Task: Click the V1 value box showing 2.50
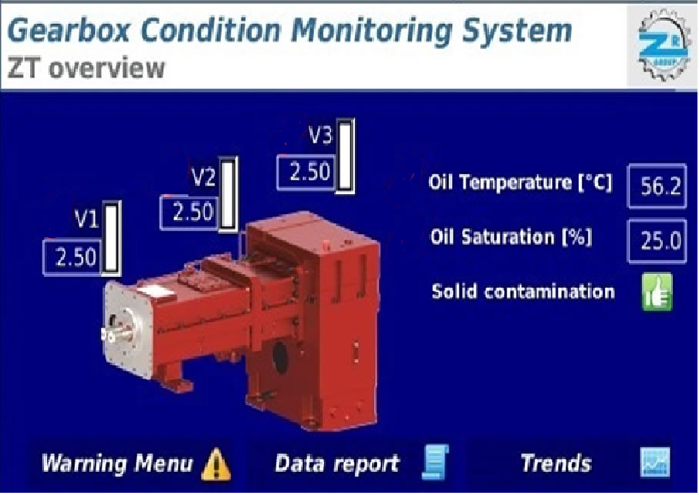point(73,257)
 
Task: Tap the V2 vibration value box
point(189,212)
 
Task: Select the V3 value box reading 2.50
point(306,172)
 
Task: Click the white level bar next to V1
point(112,238)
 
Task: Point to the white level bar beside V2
point(228,195)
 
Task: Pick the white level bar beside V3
point(346,156)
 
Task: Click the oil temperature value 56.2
point(657,186)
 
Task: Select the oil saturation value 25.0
point(657,241)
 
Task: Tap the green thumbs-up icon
point(657,292)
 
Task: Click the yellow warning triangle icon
point(216,464)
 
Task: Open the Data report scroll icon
point(435,462)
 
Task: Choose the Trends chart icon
point(655,462)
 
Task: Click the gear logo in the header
point(663,45)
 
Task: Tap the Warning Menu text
point(117,463)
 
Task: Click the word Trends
point(556,463)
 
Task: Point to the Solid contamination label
point(523,292)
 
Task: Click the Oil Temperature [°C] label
point(520,182)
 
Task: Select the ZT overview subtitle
point(86,69)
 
